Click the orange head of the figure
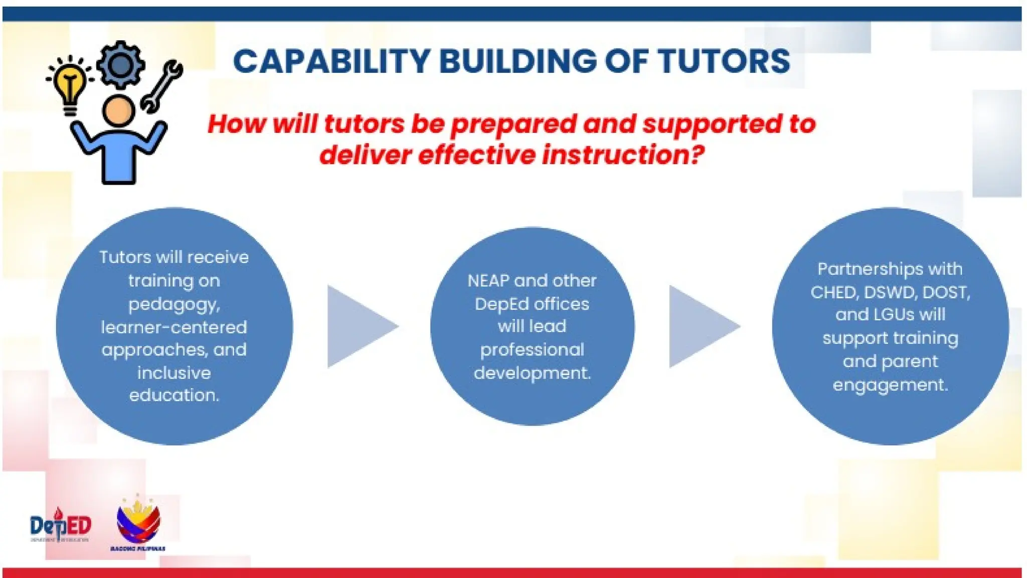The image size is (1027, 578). coord(118,111)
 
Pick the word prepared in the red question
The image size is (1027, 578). coord(513,124)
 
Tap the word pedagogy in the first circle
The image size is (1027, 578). coord(173,304)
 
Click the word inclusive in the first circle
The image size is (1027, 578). coord(174,373)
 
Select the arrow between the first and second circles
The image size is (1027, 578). coord(360,327)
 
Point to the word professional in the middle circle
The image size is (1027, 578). coord(532,350)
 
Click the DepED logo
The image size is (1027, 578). coord(61,525)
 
